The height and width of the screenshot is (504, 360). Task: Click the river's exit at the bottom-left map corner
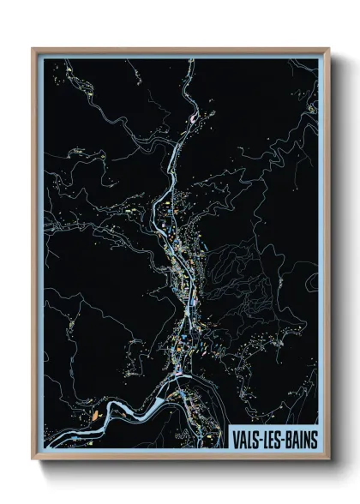[46, 443]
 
